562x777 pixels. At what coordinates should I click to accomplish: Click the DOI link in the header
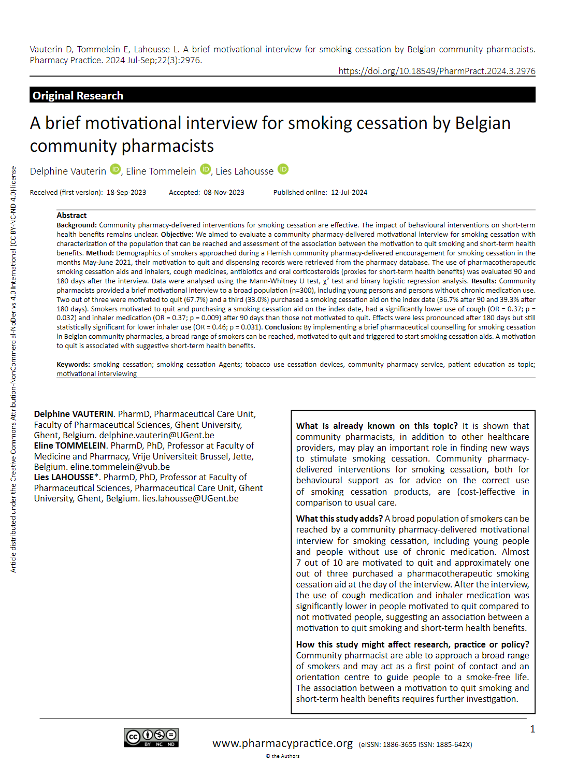point(437,71)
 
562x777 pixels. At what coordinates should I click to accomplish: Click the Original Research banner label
point(78,96)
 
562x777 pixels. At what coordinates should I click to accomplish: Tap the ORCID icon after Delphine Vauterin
point(116,169)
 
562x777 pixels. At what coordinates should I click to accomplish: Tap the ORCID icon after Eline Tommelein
point(206,169)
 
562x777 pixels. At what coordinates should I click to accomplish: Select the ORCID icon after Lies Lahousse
point(283,169)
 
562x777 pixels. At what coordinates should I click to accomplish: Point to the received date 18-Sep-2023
point(126,193)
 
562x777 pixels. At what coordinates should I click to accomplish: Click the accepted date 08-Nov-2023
point(224,193)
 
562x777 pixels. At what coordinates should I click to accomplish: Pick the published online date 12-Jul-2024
point(349,193)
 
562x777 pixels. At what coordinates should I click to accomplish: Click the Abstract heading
point(71,215)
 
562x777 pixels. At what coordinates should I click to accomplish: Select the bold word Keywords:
point(73,365)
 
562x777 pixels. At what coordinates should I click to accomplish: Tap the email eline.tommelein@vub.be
point(120,467)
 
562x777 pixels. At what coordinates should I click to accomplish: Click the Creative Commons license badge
point(151,738)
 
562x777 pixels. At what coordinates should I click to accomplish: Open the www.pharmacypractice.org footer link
point(282,743)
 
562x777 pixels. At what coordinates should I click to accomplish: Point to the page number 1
point(532,729)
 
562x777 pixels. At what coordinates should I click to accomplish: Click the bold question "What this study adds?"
point(339,519)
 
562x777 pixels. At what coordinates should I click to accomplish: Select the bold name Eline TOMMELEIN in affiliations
point(70,446)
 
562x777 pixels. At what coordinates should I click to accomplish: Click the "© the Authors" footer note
point(283,756)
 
